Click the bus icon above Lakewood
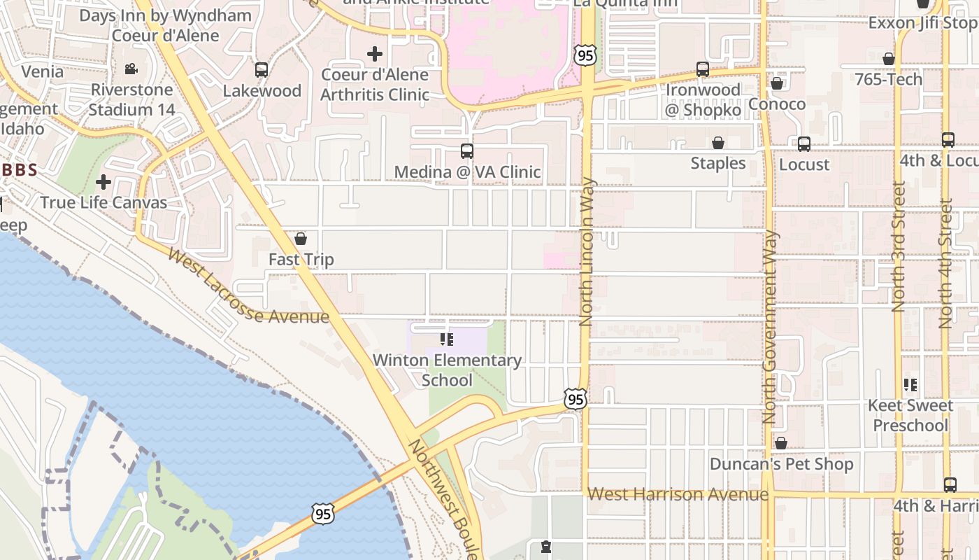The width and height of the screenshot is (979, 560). click(x=262, y=70)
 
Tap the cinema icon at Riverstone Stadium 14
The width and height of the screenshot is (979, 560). click(x=131, y=69)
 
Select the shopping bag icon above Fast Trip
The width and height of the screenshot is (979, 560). click(x=301, y=239)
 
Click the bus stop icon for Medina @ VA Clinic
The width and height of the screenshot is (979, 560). click(x=467, y=151)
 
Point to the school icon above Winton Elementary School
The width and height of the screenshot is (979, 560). click(x=447, y=339)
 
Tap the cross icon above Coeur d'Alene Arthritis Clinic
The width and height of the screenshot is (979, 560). click(x=375, y=53)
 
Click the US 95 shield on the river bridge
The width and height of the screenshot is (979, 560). click(x=323, y=514)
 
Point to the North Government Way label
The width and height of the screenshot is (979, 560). click(x=771, y=327)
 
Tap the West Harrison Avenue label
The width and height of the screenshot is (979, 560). click(x=678, y=494)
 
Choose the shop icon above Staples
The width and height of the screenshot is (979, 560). click(x=718, y=143)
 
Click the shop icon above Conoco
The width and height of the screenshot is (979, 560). click(x=777, y=84)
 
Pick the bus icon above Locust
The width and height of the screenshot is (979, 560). click(x=804, y=144)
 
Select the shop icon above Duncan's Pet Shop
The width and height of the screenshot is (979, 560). click(x=781, y=443)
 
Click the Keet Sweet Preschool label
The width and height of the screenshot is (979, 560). click(x=910, y=415)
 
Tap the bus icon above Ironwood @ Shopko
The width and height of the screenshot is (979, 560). click(x=703, y=69)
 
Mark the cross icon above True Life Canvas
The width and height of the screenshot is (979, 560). click(x=103, y=183)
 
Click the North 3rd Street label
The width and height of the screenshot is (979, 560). click(x=899, y=246)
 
